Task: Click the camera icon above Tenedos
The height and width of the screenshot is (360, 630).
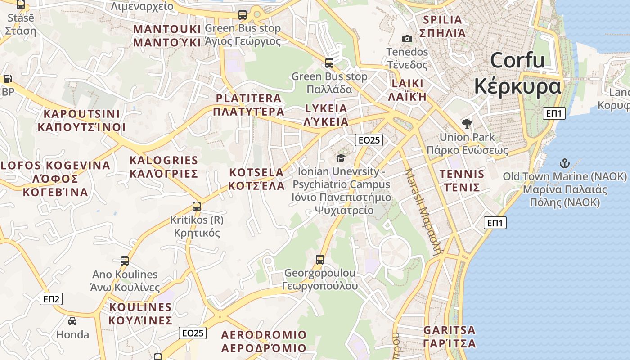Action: pyautogui.click(x=407, y=39)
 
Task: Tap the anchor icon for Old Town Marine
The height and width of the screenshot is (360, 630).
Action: pyautogui.click(x=564, y=163)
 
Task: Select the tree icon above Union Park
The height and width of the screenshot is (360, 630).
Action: pyautogui.click(x=467, y=124)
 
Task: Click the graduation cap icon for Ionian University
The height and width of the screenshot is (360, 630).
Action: pyautogui.click(x=341, y=158)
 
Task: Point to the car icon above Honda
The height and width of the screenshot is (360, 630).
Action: pyautogui.click(x=72, y=321)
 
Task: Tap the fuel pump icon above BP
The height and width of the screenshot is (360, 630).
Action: pyautogui.click(x=8, y=79)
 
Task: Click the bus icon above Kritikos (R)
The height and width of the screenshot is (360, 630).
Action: pyautogui.click(x=197, y=207)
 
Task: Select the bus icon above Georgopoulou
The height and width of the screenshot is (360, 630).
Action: pyautogui.click(x=320, y=259)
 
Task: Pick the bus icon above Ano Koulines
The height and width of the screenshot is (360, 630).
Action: pyautogui.click(x=125, y=261)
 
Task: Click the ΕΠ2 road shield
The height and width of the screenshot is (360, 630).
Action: pyautogui.click(x=51, y=299)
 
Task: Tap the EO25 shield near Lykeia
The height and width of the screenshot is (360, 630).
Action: pyautogui.click(x=369, y=140)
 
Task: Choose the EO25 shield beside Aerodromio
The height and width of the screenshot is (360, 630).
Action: pyautogui.click(x=193, y=333)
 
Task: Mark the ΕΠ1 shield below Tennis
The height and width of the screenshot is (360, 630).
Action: pyautogui.click(x=495, y=222)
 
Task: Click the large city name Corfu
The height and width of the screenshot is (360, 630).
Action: pyautogui.click(x=517, y=60)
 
